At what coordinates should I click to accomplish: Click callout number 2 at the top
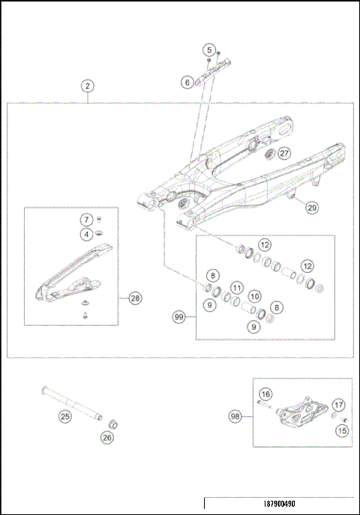[88, 86]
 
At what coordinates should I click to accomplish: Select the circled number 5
[208, 49]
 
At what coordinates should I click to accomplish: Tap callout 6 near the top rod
[187, 82]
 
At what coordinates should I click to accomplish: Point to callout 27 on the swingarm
[283, 153]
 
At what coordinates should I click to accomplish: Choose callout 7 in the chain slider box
[87, 220]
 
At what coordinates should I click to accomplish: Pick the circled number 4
[87, 234]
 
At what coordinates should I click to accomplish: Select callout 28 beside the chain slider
[134, 298]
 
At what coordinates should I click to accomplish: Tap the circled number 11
[236, 287]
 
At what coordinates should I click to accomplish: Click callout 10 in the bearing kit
[254, 297]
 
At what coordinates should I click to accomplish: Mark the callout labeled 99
[179, 318]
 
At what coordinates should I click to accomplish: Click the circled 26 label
[107, 437]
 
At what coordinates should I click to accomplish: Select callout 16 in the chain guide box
[265, 394]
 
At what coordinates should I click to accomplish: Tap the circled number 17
[337, 405]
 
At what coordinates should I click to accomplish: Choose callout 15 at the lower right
[342, 430]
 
